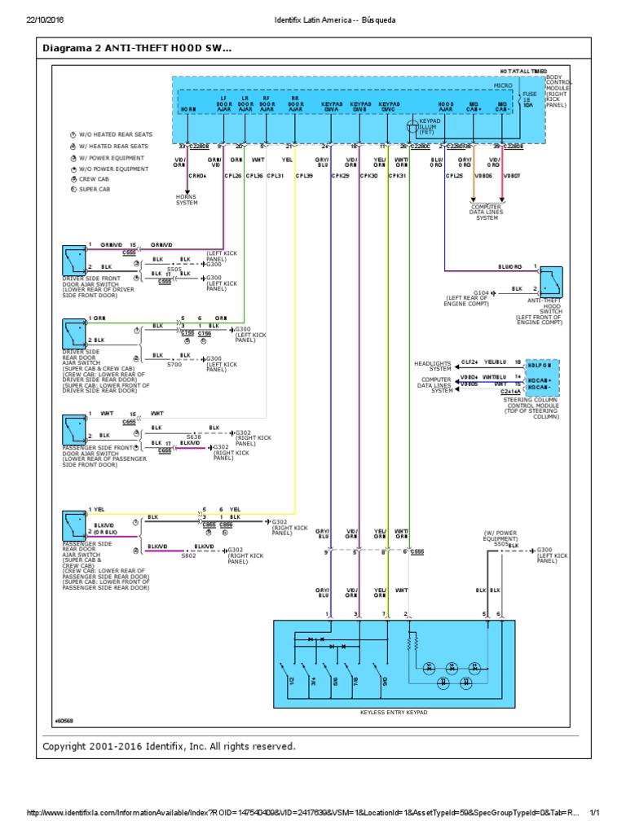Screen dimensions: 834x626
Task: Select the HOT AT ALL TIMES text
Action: pyautogui.click(x=518, y=73)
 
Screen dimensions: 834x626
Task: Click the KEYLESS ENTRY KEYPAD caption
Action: pyautogui.click(x=394, y=713)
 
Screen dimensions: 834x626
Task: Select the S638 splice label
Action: pyautogui.click(x=193, y=437)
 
